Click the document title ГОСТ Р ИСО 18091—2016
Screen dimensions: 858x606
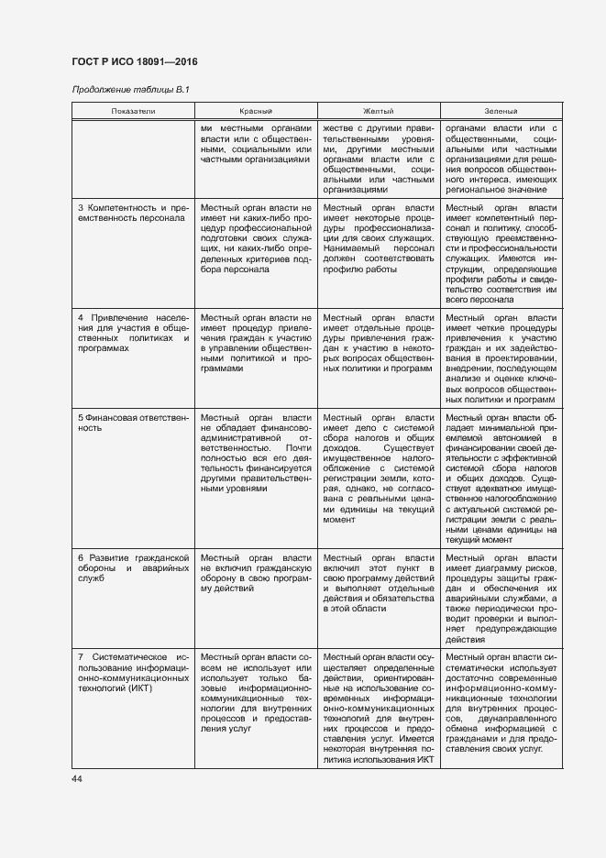pyautogui.click(x=134, y=61)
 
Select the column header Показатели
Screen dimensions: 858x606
pyautogui.click(x=134, y=111)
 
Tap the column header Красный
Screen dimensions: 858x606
pyautogui.click(x=256, y=111)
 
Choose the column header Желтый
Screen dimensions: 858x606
pyautogui.click(x=379, y=111)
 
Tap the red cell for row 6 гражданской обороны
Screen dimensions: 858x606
pyautogui.click(x=256, y=573)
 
